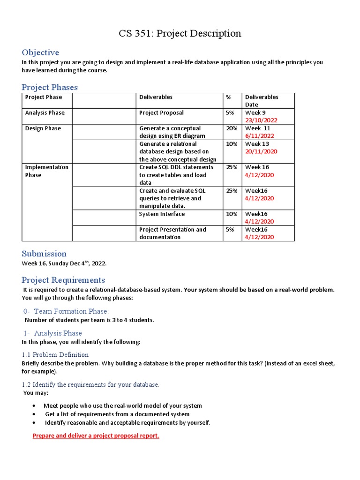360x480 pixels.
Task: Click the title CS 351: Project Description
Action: tap(180, 34)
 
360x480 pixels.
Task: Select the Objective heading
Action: tap(40, 52)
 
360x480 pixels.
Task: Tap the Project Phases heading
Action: tap(50, 87)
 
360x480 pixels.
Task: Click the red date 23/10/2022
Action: tap(261, 120)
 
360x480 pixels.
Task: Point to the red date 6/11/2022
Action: tap(259, 135)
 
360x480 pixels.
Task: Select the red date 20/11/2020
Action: tap(261, 151)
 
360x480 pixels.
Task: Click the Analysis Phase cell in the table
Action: tap(45, 112)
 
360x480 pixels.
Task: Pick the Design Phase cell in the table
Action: tap(43, 128)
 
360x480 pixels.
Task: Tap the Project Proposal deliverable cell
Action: tap(161, 112)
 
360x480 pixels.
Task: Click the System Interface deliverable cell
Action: tap(162, 214)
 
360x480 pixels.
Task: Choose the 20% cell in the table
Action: tap(232, 128)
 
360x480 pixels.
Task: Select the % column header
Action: tap(228, 97)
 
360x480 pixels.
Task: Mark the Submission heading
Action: tap(44, 254)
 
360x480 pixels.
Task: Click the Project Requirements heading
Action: tap(63, 280)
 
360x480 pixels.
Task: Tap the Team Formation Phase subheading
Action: tap(66, 311)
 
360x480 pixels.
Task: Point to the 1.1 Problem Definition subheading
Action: tap(55, 354)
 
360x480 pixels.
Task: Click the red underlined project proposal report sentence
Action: tap(96, 435)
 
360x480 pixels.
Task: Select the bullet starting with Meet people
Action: tap(123, 405)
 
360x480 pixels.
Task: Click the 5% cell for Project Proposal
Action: tap(230, 112)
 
